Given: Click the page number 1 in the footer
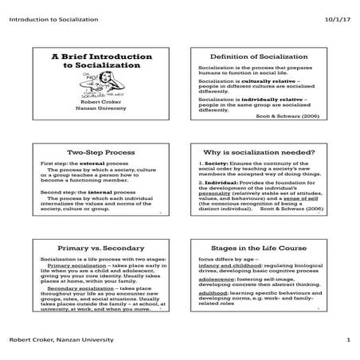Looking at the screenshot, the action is [x=348, y=341].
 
